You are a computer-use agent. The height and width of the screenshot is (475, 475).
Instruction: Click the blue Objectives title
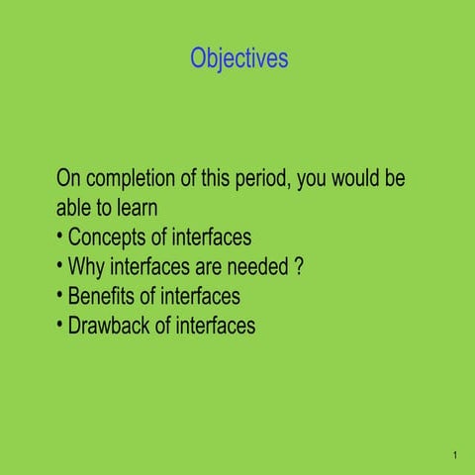click(239, 59)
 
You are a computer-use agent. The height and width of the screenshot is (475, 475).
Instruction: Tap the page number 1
click(453, 456)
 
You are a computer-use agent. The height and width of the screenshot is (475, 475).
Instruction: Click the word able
click(75, 210)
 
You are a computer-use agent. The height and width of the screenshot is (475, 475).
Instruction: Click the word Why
click(86, 267)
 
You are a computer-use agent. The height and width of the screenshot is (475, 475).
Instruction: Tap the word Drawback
click(112, 325)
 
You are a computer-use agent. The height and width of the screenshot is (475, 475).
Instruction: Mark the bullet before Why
click(60, 266)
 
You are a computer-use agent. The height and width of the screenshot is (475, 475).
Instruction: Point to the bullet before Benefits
click(60, 295)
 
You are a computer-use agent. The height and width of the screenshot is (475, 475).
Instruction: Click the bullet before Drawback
click(60, 324)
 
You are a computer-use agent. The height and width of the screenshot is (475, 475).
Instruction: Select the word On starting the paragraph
click(69, 181)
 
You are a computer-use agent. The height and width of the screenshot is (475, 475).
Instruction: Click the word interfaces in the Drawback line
click(216, 325)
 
